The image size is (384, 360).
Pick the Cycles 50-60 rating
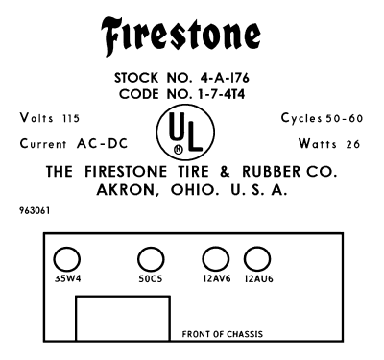point(321,117)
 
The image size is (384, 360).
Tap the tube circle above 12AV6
point(214,258)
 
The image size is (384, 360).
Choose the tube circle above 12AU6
point(256,258)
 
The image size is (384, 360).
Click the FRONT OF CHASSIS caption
point(223,335)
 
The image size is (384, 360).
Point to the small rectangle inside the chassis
point(123,322)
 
